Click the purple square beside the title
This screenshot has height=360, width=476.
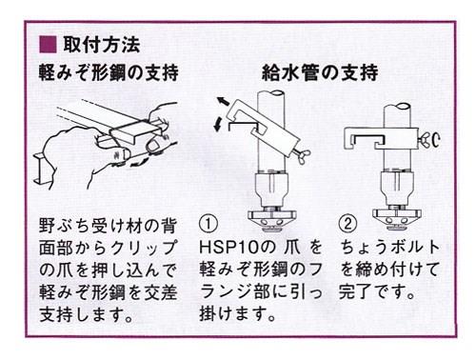pyautogui.click(x=48, y=44)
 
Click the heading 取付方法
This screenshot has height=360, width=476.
pyautogui.click(x=102, y=45)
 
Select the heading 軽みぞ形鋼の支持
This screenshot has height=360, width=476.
pyautogui.click(x=109, y=72)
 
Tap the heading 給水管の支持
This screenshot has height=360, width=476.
pyautogui.click(x=320, y=72)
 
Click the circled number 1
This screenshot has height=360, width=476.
pyautogui.click(x=208, y=224)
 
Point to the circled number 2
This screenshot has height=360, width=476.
pyautogui.click(x=347, y=224)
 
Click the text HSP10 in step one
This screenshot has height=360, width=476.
pyautogui.click(x=231, y=248)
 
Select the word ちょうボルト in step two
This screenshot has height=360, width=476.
pyautogui.click(x=390, y=248)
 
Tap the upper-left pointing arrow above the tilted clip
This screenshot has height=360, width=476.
pyautogui.click(x=223, y=101)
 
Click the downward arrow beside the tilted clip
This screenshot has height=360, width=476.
pyautogui.click(x=218, y=124)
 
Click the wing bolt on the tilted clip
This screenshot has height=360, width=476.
pyautogui.click(x=303, y=155)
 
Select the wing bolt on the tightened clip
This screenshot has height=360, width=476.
pyautogui.click(x=429, y=138)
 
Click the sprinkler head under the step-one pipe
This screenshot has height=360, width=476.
pyautogui.click(x=272, y=217)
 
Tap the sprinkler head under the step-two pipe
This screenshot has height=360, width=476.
pyautogui.click(x=397, y=217)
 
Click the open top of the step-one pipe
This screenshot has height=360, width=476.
pyautogui.click(x=272, y=95)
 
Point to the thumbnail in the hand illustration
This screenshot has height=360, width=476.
pyautogui.click(x=154, y=145)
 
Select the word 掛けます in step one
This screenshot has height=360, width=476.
pyautogui.click(x=232, y=313)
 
